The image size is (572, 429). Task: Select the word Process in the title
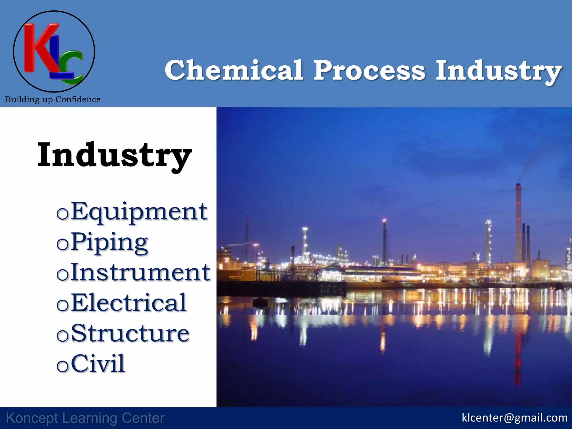(x=369, y=70)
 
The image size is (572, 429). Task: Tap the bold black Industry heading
(x=115, y=155)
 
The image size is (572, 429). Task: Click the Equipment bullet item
(x=139, y=212)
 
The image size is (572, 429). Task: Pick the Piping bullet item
(x=109, y=242)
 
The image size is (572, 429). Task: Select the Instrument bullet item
(x=140, y=272)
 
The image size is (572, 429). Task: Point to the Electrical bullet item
(x=128, y=303)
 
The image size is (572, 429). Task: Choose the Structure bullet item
(x=130, y=333)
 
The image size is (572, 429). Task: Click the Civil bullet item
(x=98, y=363)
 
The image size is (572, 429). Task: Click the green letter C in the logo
(x=72, y=67)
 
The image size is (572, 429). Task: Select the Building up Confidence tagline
(x=53, y=99)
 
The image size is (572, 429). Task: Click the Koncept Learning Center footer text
(x=85, y=418)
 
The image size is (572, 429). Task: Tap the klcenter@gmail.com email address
(x=514, y=418)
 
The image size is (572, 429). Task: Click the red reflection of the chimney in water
(x=518, y=363)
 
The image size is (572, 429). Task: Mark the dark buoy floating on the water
(x=260, y=302)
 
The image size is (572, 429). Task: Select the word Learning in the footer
(x=90, y=418)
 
